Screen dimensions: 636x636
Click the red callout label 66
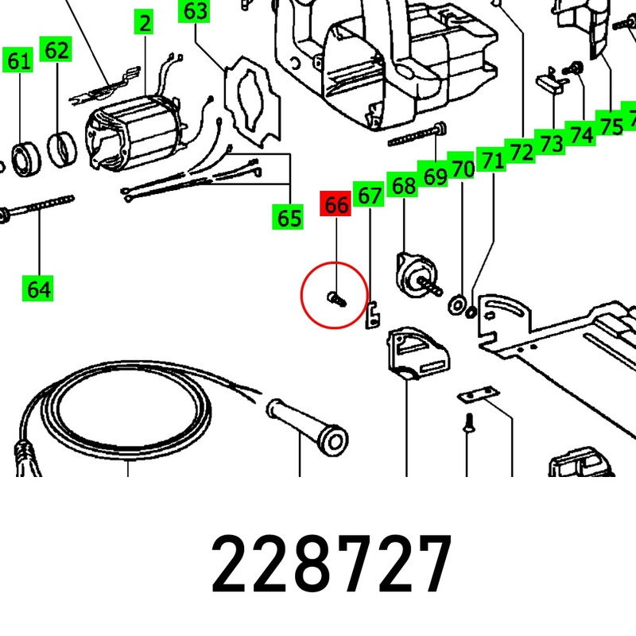335,204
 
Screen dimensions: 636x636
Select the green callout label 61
17,60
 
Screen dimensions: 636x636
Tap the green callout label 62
56,49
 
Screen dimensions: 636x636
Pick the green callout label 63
194,10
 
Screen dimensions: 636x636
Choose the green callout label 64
37,289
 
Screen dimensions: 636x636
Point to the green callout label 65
288,217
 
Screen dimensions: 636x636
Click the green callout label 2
144,22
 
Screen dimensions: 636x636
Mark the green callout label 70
462,167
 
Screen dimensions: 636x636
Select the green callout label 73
550,143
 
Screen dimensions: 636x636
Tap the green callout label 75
610,125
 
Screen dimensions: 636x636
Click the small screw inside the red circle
336,300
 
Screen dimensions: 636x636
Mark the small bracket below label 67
372,315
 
